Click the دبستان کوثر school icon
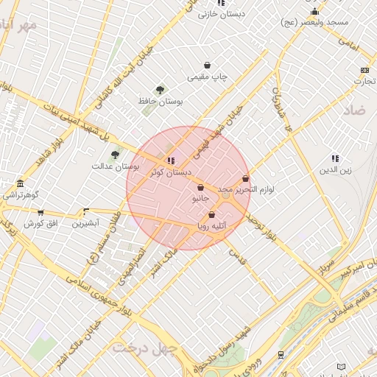click(x=171, y=161)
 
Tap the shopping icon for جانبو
click(x=200, y=188)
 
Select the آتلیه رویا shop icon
click(x=212, y=215)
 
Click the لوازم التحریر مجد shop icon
click(x=245, y=178)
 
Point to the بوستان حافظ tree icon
click(x=161, y=89)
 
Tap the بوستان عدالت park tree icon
click(x=114, y=155)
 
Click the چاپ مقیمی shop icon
click(x=208, y=65)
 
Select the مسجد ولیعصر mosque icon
click(x=315, y=12)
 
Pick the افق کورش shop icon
click(x=40, y=212)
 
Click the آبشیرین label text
click(x=85, y=222)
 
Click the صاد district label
click(x=354, y=110)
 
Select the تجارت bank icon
click(x=364, y=70)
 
